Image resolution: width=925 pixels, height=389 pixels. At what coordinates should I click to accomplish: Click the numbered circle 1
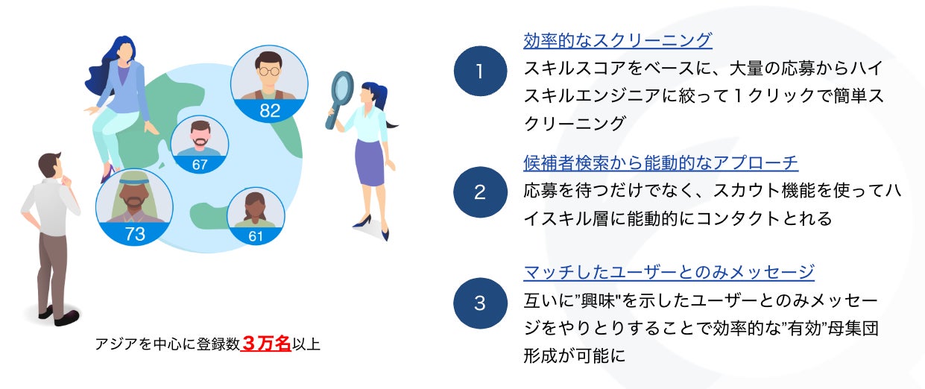coord(480,71)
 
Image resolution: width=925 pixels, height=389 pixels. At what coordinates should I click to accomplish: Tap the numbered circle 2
coord(480,192)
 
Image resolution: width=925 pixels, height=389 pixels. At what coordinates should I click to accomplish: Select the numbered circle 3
coord(480,303)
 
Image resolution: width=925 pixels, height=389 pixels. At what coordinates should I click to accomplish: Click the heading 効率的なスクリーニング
coord(618,40)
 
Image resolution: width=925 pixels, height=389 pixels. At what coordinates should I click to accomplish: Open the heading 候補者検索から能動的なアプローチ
coord(660,162)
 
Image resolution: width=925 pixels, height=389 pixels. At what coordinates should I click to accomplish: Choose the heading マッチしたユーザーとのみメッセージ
coord(669,272)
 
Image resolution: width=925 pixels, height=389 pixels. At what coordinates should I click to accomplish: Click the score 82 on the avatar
coord(269,111)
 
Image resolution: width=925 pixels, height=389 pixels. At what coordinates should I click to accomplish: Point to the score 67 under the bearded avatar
coord(200,164)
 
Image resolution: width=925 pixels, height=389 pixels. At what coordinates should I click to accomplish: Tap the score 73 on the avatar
coord(135,234)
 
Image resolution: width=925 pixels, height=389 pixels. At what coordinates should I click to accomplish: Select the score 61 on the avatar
coord(256,236)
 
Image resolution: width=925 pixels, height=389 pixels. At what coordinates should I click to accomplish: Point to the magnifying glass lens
coord(342,87)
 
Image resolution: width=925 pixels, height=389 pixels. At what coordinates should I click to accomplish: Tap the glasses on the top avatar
coord(268,69)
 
